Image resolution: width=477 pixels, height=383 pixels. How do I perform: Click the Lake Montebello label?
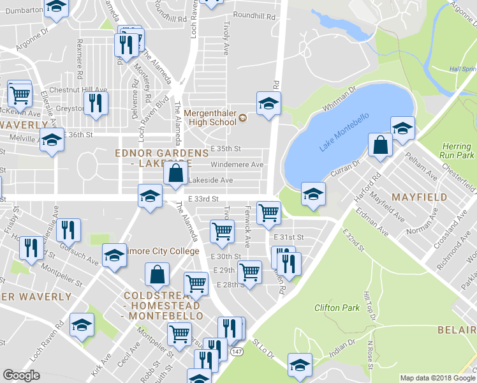tap(344, 135)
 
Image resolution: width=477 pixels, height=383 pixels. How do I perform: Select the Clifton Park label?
tap(337, 308)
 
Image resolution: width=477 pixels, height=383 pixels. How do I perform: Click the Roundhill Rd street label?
tap(254, 15)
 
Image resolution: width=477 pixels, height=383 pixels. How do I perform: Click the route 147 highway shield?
tap(237, 352)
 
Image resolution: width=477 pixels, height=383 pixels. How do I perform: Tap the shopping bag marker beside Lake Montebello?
tap(380, 144)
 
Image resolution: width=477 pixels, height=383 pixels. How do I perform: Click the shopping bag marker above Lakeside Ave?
tap(175, 173)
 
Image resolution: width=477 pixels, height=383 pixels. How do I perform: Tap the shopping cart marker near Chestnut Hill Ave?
tap(20, 93)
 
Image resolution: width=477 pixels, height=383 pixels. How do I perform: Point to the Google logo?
tap(22, 375)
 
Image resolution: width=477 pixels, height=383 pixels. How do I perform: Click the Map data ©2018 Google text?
tap(436, 378)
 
